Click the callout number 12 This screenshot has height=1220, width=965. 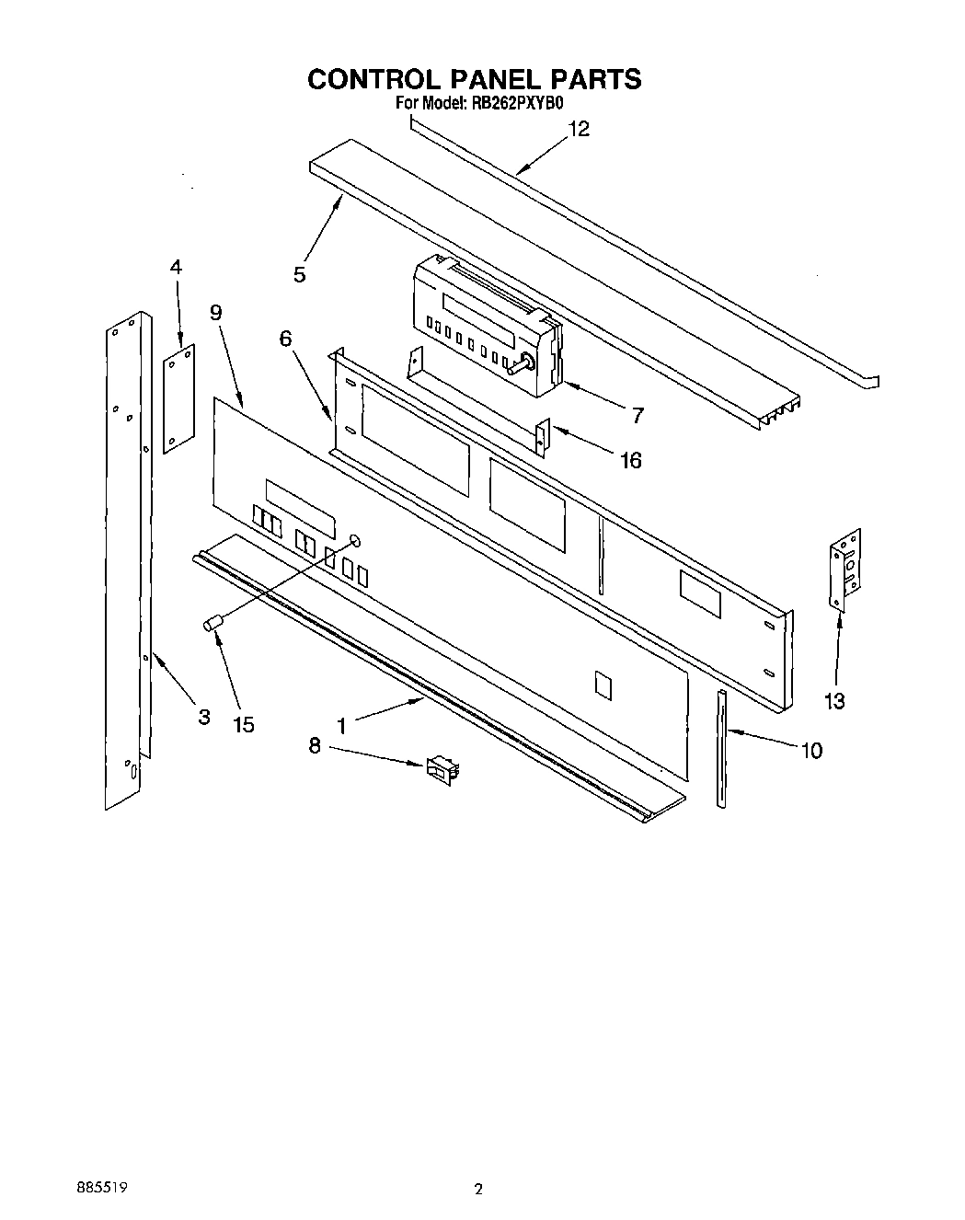tap(579, 130)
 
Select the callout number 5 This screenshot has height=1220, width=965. tap(300, 274)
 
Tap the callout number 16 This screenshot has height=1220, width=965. tap(630, 460)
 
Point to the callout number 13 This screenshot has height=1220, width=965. tap(833, 701)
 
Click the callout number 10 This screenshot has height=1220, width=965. tap(810, 751)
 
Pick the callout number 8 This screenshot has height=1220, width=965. tap(315, 746)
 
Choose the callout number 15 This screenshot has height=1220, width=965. tap(243, 725)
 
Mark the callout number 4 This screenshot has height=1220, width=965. tap(176, 268)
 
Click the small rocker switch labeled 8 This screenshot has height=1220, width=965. tap(442, 767)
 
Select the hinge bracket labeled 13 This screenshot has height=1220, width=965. tap(847, 569)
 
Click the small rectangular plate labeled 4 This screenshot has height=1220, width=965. tap(179, 398)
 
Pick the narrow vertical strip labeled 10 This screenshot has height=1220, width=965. tap(722, 747)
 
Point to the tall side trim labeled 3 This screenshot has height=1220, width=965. tap(127, 561)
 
